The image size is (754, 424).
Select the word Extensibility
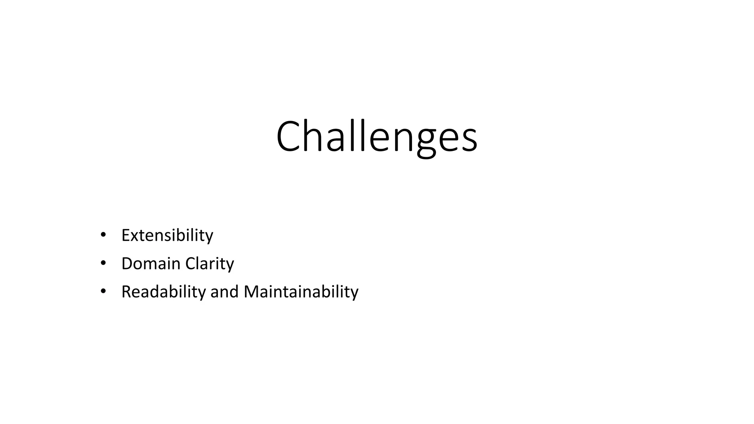(167, 235)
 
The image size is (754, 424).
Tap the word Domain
(151, 264)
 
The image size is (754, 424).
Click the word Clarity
(209, 264)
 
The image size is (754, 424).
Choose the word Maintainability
(301, 292)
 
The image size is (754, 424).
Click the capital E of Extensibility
(126, 235)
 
